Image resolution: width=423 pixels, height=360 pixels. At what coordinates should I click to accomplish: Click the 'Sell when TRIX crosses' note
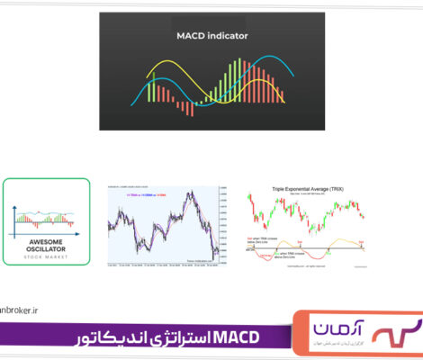[261, 237]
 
